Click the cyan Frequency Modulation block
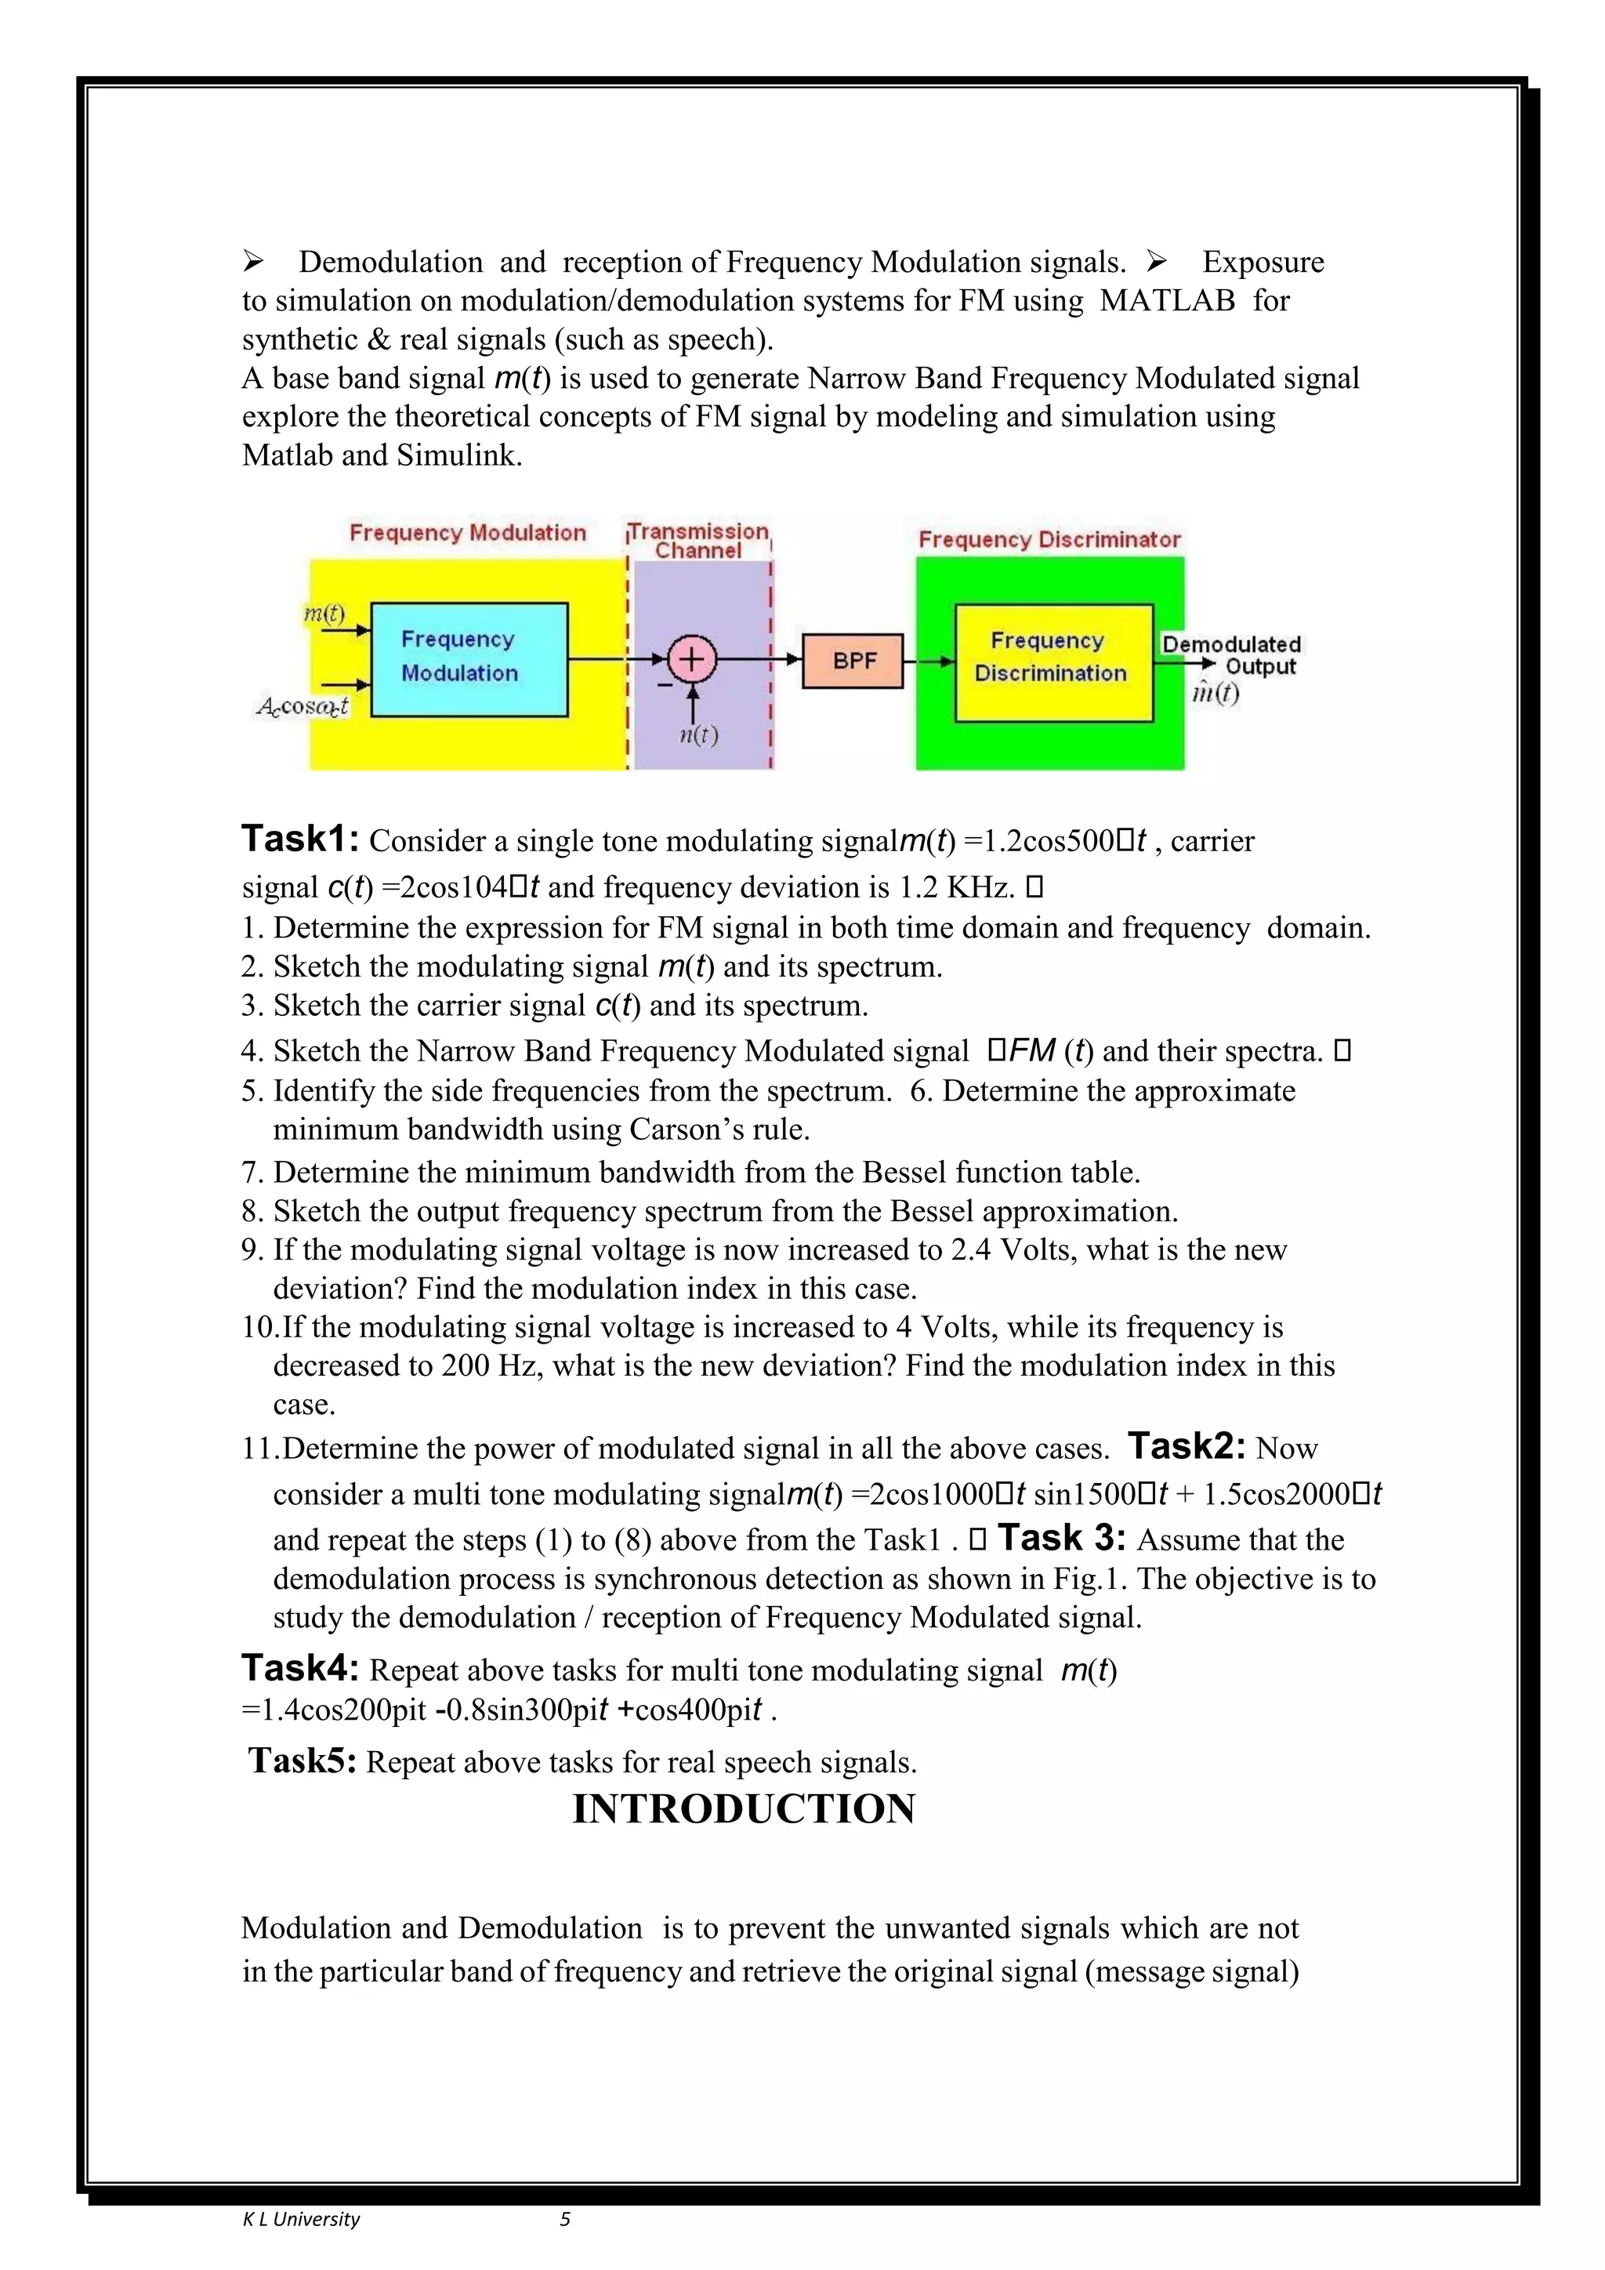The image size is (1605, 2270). [x=469, y=658]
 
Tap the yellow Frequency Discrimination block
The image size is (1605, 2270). [x=1052, y=662]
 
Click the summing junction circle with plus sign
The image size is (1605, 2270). [x=692, y=659]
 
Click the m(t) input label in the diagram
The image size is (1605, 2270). [x=324, y=614]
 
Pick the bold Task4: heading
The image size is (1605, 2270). [x=302, y=1669]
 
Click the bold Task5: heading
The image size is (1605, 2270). [x=303, y=1761]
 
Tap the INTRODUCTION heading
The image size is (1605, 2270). [x=743, y=1809]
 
